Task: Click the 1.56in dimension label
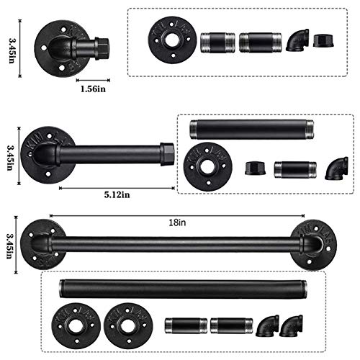pos(93,89)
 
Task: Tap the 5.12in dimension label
pos(117,194)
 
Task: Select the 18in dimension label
pos(177,222)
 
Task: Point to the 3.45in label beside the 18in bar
pos(10,245)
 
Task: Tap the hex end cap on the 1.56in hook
pos(102,48)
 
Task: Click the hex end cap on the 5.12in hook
pos(167,154)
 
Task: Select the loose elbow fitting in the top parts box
pos(297,40)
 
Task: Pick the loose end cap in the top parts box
pos(324,41)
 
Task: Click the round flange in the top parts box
pos(172,40)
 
